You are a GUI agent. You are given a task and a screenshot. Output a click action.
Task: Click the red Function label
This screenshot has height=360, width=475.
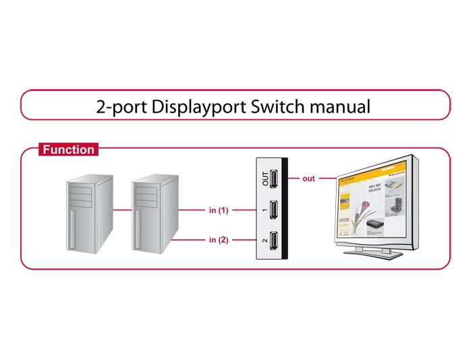(x=69, y=150)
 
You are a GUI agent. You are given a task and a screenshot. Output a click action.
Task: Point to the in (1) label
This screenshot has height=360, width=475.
(x=218, y=210)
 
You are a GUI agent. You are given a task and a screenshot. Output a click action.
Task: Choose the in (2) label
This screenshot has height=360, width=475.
(x=218, y=240)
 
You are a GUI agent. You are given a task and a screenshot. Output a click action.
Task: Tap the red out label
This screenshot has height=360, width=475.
(x=308, y=179)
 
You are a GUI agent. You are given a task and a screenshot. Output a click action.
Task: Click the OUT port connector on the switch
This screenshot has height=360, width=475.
(x=274, y=179)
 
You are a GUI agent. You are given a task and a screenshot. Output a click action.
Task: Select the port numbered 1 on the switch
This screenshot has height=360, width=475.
(x=274, y=210)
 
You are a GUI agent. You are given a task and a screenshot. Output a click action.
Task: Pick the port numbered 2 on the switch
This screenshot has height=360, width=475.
(x=274, y=240)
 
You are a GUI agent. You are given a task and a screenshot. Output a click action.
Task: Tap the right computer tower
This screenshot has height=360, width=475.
(x=154, y=214)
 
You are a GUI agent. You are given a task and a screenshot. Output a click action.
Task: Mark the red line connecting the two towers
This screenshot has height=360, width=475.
(x=121, y=210)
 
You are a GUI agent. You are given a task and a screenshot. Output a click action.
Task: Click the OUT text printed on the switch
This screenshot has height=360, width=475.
(x=264, y=179)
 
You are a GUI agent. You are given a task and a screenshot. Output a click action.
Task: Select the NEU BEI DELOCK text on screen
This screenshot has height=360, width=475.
(x=376, y=187)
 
